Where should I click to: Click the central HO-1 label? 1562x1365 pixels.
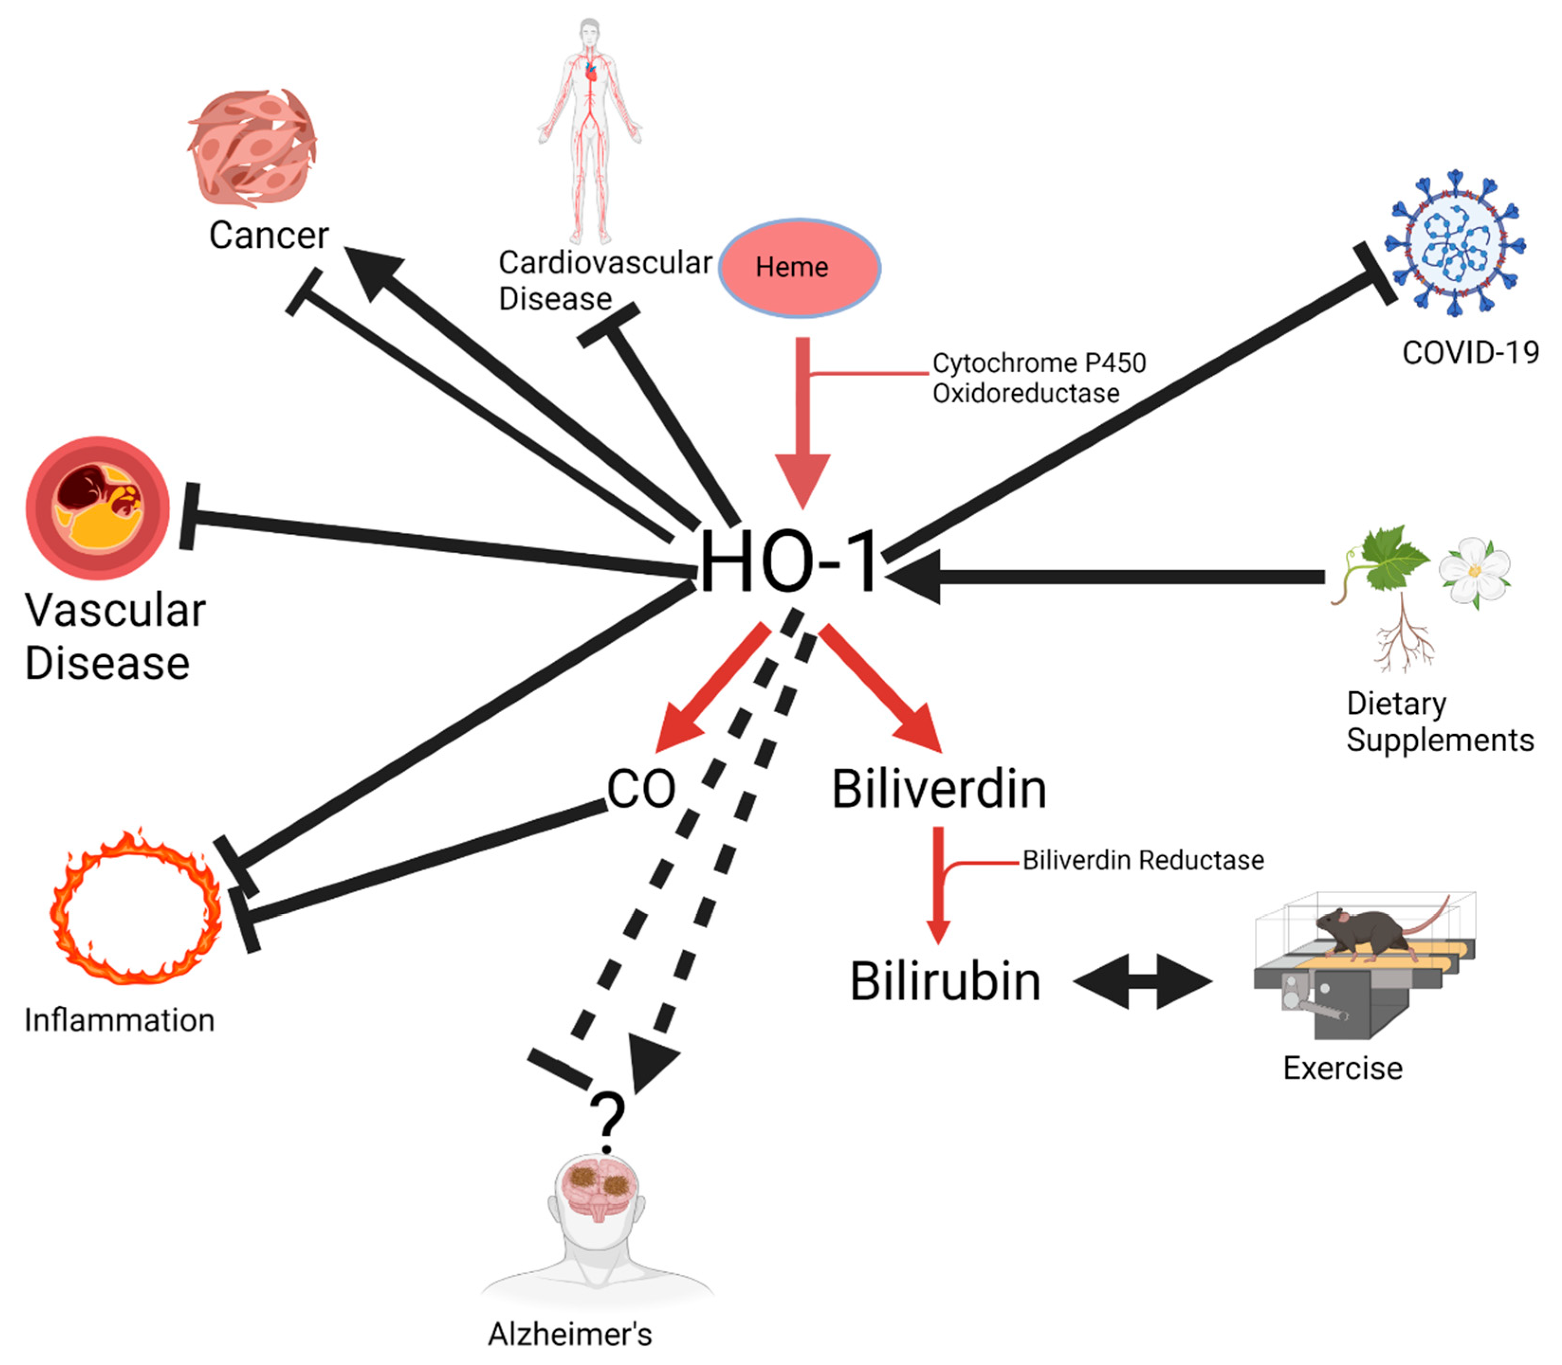789,562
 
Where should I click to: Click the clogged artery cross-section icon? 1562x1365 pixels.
98,507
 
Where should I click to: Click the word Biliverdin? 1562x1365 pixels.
938,789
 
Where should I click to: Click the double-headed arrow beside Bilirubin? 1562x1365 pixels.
1142,981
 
